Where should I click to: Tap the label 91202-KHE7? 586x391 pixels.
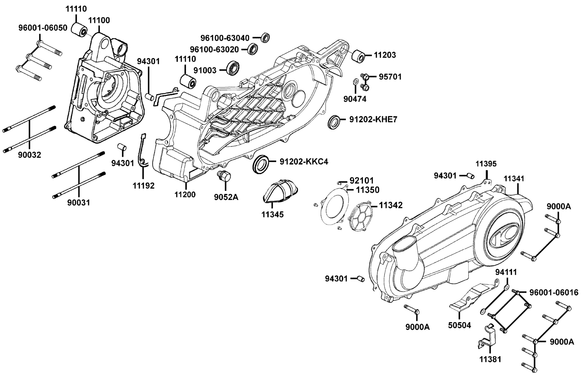coord(373,119)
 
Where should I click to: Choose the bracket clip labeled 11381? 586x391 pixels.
coord(487,339)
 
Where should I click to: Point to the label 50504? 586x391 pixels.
coord(459,325)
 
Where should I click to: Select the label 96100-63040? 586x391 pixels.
coord(225,38)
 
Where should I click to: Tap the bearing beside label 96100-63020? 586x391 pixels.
coord(253,49)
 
